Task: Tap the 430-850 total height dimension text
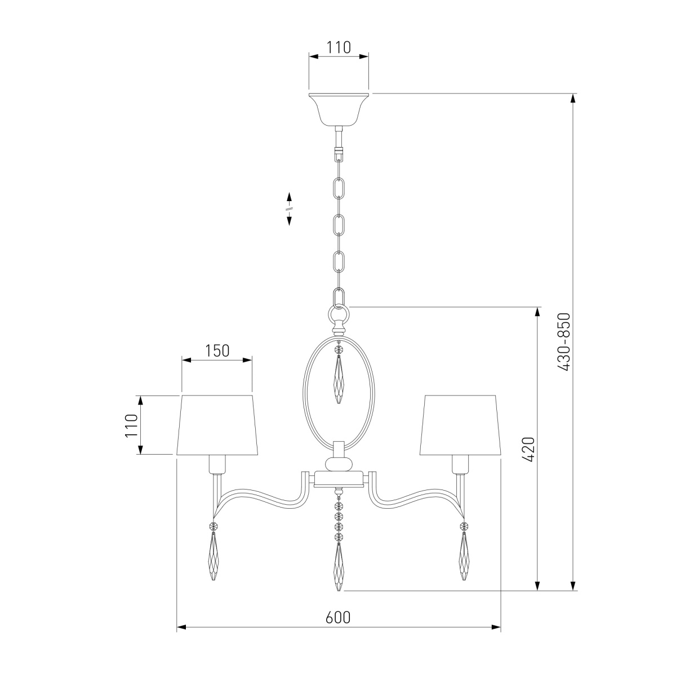pyautogui.click(x=564, y=342)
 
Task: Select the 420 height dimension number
pyautogui.click(x=528, y=449)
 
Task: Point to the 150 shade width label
pyautogui.click(x=217, y=350)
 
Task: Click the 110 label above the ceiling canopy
pyautogui.click(x=339, y=47)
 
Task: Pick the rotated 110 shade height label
pyautogui.click(x=132, y=425)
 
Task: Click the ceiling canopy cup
pyautogui.click(x=339, y=109)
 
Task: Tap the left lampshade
pyautogui.click(x=217, y=425)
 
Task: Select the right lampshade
pyautogui.click(x=461, y=425)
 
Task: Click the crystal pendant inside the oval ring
pyautogui.click(x=339, y=374)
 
